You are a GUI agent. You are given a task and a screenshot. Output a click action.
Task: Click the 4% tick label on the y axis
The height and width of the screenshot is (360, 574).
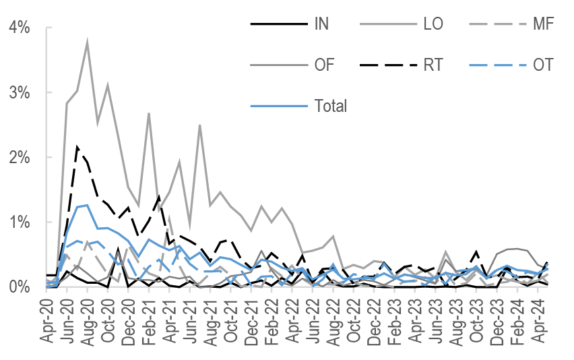point(18,28)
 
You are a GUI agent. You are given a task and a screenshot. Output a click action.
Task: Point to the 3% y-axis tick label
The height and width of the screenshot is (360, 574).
point(18,92)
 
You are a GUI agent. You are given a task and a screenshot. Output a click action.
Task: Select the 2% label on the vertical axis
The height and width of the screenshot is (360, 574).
point(18,158)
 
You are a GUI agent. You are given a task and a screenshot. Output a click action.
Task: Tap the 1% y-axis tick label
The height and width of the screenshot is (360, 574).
point(18,222)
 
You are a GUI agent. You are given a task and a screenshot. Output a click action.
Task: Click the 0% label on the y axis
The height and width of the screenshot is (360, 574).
point(18,287)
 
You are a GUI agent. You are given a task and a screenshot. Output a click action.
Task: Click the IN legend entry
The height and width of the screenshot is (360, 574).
point(321,25)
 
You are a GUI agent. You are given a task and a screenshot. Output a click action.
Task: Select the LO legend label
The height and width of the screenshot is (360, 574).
point(433,25)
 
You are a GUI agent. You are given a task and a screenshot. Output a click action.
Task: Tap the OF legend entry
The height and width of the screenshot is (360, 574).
point(324,65)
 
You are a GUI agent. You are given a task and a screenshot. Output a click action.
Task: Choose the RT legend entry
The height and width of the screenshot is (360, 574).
point(434,65)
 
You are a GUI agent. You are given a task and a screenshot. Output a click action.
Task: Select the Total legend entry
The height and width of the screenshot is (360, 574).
point(330,106)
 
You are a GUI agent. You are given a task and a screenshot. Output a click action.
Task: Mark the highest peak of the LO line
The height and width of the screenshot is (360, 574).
point(88,42)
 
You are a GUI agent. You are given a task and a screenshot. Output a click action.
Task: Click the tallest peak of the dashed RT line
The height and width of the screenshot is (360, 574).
point(77,146)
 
